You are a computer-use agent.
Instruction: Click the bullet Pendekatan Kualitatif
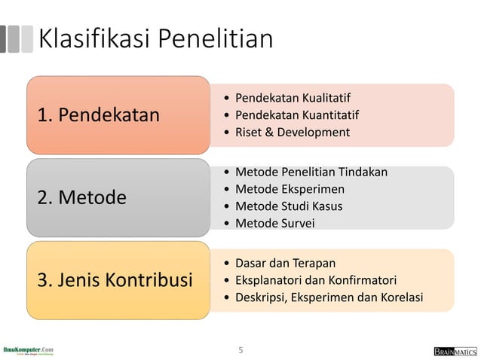[293, 98]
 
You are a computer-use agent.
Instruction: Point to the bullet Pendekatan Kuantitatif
[297, 115]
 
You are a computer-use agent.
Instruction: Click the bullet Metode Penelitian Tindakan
[311, 172]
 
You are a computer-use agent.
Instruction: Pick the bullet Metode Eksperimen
[290, 189]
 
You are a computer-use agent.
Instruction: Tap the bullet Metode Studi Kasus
[289, 206]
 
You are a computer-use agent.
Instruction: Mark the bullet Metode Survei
[275, 223]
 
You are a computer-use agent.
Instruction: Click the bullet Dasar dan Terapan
[285, 263]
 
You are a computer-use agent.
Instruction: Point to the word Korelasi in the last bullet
[400, 297]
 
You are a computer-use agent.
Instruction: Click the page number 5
[240, 349]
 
